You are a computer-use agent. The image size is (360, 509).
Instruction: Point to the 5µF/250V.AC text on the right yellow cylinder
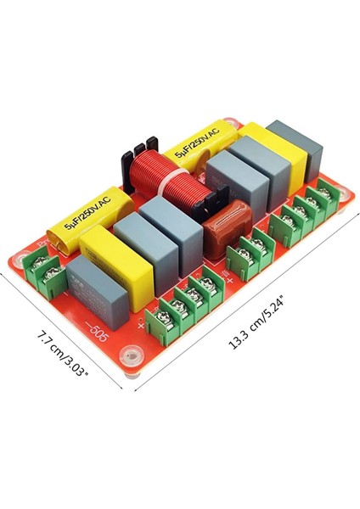[196, 143]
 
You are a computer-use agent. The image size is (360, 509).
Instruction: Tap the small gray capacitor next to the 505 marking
[95, 294]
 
